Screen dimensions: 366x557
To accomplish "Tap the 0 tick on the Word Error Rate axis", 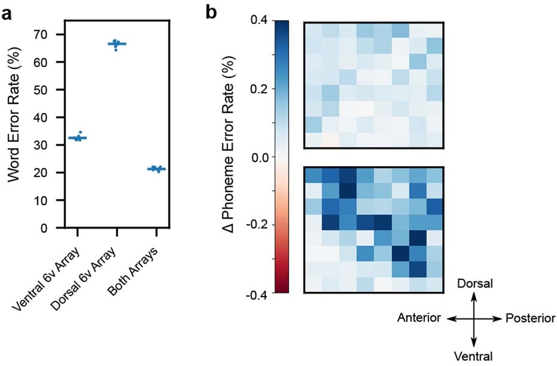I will pyautogui.click(x=51, y=228).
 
